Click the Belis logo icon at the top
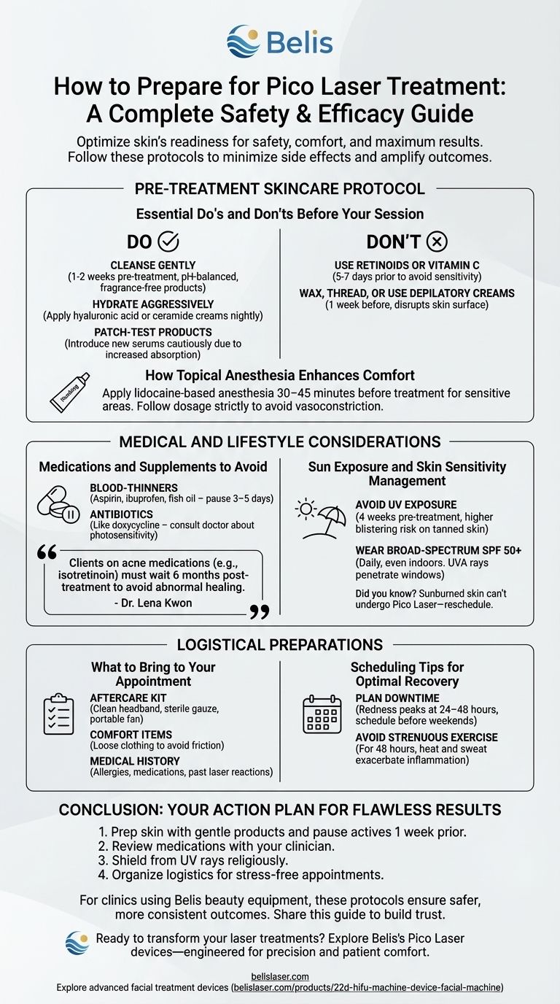click(x=244, y=41)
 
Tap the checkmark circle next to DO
click(x=168, y=242)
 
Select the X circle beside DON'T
click(x=437, y=242)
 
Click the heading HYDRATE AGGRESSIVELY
click(x=153, y=304)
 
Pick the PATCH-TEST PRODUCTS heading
click(x=153, y=331)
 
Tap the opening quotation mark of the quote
click(x=47, y=552)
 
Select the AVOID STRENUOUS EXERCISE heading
click(x=427, y=737)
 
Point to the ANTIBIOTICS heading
click(x=121, y=514)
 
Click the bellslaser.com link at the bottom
click(x=280, y=975)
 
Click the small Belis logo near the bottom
click(x=77, y=943)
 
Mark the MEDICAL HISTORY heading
click(x=135, y=761)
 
